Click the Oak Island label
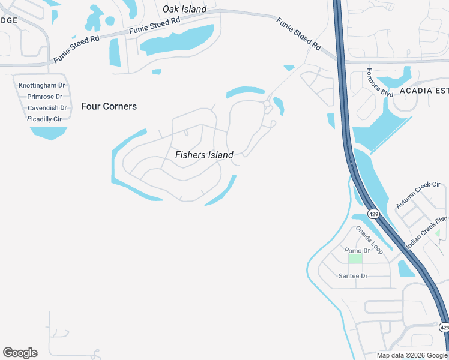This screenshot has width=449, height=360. click(184, 9)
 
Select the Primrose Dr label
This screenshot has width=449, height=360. click(44, 97)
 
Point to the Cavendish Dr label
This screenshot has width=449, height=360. click(47, 108)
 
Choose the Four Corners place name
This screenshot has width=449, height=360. click(109, 106)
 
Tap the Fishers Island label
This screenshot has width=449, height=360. click(204, 155)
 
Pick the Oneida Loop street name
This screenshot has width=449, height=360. click(369, 239)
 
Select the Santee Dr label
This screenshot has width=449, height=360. click(353, 276)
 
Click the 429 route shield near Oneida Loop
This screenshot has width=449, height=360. click(373, 214)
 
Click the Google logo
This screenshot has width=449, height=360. click(20, 353)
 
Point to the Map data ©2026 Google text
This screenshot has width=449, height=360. click(412, 355)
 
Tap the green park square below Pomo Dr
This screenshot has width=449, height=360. click(355, 259)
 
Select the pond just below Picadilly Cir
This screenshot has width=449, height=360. click(48, 133)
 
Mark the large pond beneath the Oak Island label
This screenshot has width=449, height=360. click(176, 40)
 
